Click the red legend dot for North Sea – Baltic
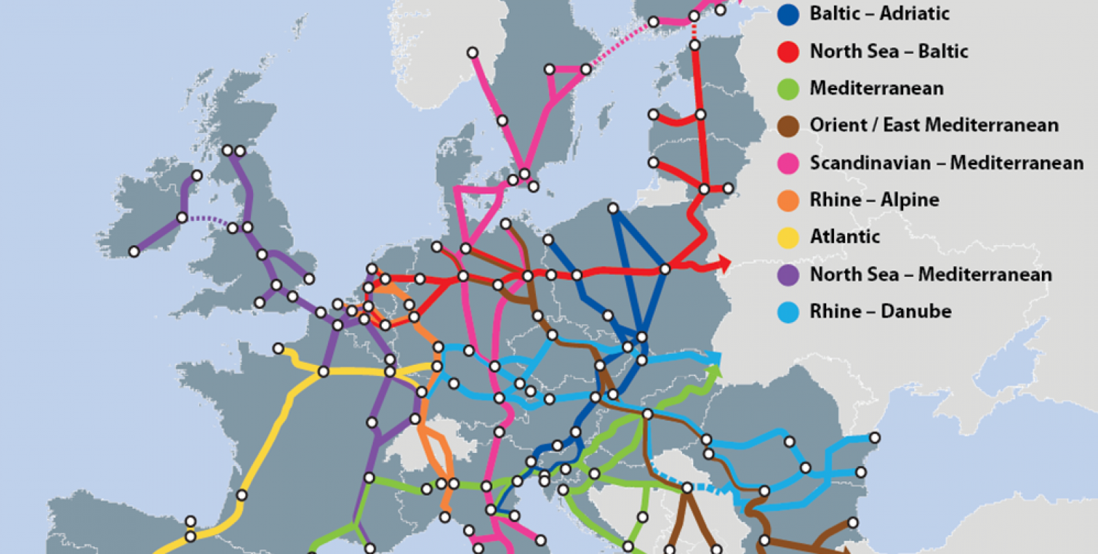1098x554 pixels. click(x=788, y=51)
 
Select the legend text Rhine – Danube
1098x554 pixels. click(x=880, y=312)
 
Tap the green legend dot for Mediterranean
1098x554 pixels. click(x=788, y=89)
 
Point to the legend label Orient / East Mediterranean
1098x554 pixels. click(x=934, y=125)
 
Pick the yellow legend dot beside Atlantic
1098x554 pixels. click(x=788, y=238)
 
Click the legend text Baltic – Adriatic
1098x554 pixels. click(x=879, y=14)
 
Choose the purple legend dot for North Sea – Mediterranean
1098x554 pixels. click(x=788, y=275)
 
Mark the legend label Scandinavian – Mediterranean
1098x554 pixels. click(x=946, y=163)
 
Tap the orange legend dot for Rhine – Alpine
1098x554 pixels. click(x=788, y=200)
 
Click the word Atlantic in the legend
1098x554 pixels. click(x=845, y=237)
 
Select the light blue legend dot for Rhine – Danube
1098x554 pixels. click(x=788, y=312)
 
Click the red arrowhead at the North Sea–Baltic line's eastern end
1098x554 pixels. click(x=724, y=262)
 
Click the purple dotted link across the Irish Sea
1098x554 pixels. click(x=207, y=220)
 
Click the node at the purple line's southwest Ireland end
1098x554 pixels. click(x=134, y=251)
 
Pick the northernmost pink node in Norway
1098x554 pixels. click(x=472, y=53)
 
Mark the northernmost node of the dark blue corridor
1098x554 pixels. click(x=613, y=208)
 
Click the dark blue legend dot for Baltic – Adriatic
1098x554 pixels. click(x=788, y=14)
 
